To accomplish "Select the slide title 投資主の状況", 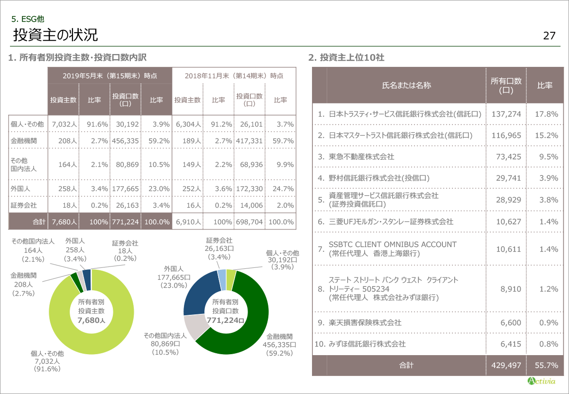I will [55, 35].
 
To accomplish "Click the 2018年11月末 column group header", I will [234, 75].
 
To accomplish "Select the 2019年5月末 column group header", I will [110, 75].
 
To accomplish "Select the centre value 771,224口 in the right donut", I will [226, 321].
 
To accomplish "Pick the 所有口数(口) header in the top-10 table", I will [506, 85].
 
